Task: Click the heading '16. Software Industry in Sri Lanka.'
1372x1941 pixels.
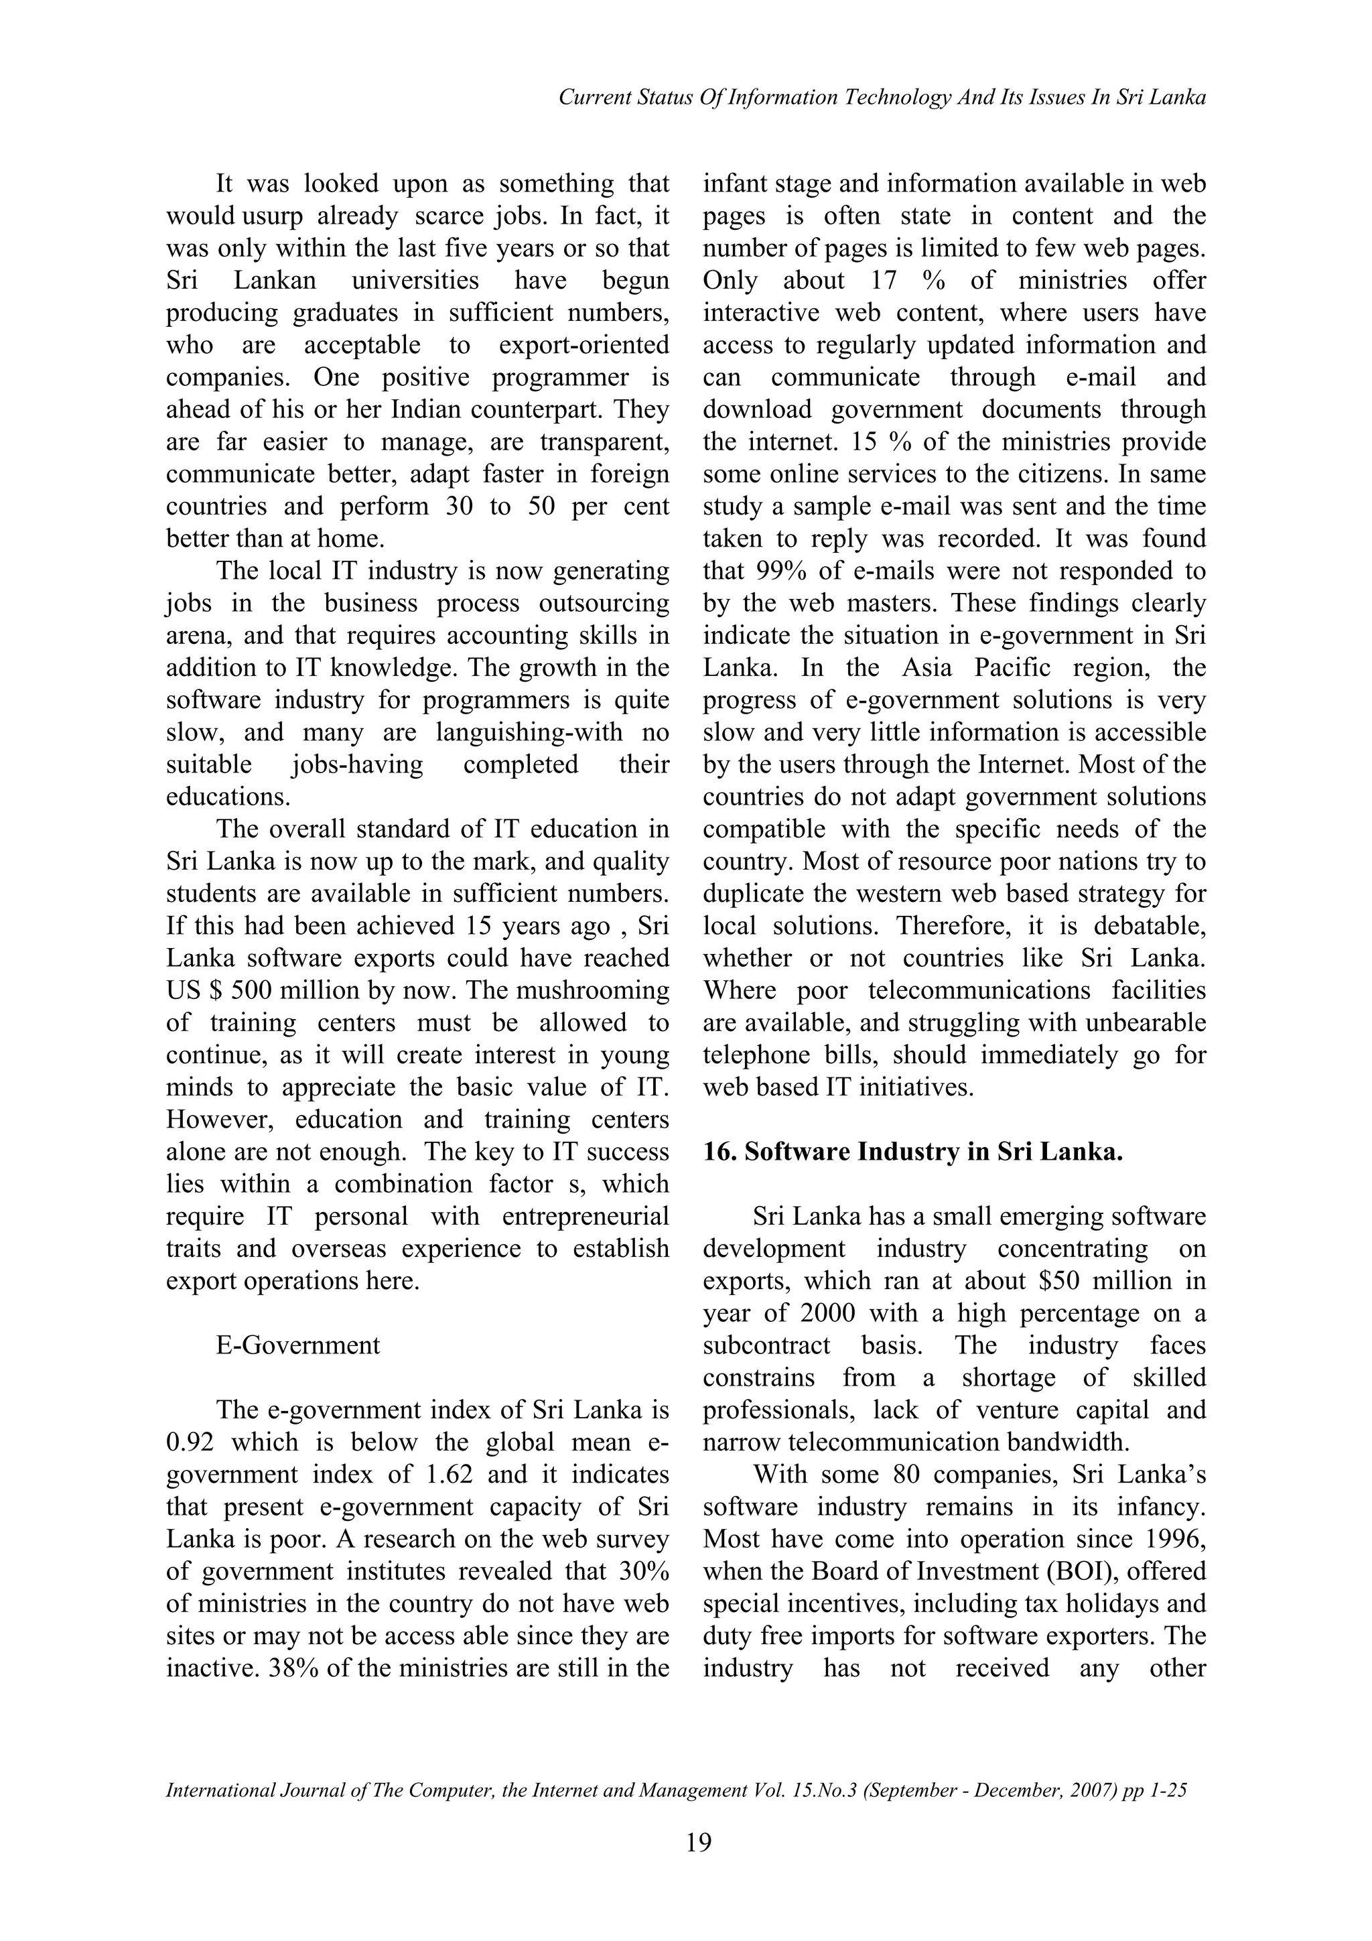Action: [913, 1152]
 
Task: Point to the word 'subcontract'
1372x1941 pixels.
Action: [767, 1346]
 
